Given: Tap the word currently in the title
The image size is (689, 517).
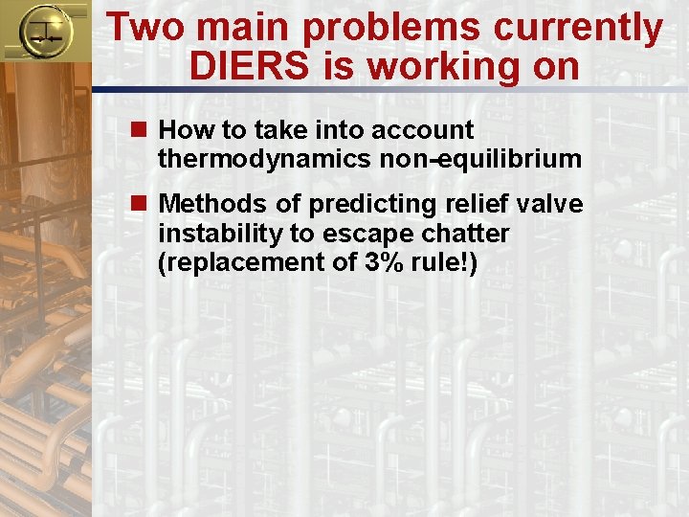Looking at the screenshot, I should click(578, 28).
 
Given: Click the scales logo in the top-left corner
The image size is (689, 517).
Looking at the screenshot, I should click(43, 31).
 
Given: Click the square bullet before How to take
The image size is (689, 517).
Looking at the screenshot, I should click(144, 129).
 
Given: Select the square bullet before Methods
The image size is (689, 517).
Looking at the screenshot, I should click(144, 205).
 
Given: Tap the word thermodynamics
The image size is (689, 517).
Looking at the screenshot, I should click(265, 158).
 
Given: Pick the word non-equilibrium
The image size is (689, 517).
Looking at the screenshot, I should click(480, 158).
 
